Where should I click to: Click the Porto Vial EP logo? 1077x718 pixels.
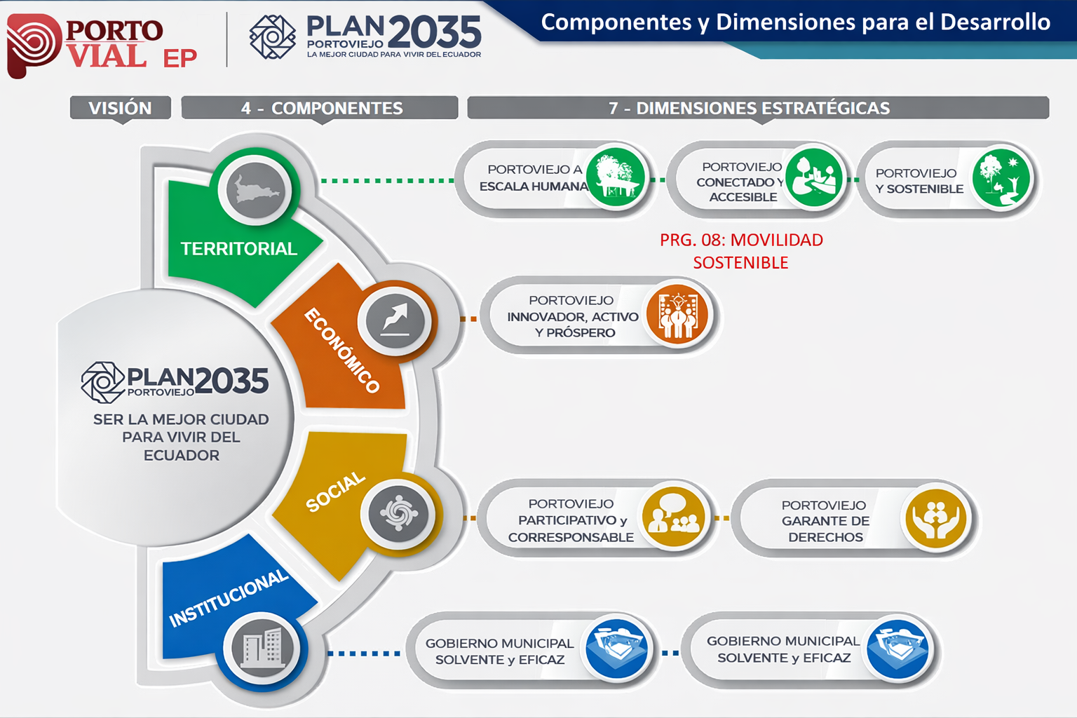pyautogui.click(x=102, y=43)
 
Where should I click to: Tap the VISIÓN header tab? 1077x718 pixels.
pyautogui.click(x=120, y=108)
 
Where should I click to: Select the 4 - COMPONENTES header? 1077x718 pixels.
pyautogui.click(x=321, y=108)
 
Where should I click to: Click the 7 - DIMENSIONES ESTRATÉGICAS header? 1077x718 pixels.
pyautogui.click(x=749, y=108)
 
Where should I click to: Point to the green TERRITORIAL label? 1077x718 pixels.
pyautogui.click(x=238, y=249)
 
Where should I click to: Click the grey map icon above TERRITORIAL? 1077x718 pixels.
pyautogui.click(x=255, y=190)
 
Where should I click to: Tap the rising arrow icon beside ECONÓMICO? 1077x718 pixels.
pyautogui.click(x=395, y=320)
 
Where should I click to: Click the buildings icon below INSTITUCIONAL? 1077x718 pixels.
pyautogui.click(x=262, y=648)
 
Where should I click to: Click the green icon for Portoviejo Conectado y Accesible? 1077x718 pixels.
pyautogui.click(x=813, y=177)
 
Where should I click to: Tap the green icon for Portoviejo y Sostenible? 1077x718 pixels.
pyautogui.click(x=1001, y=177)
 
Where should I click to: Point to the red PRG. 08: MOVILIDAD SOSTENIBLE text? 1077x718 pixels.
pyautogui.click(x=741, y=251)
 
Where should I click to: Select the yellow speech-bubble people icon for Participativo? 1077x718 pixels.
pyautogui.click(x=673, y=517)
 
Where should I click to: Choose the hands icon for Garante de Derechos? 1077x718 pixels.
pyautogui.click(x=935, y=518)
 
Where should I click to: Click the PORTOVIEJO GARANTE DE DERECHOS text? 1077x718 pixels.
pyautogui.click(x=825, y=521)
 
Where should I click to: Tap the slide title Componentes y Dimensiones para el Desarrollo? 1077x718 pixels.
pyautogui.click(x=795, y=22)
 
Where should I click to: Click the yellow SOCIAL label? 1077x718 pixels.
pyautogui.click(x=336, y=492)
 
